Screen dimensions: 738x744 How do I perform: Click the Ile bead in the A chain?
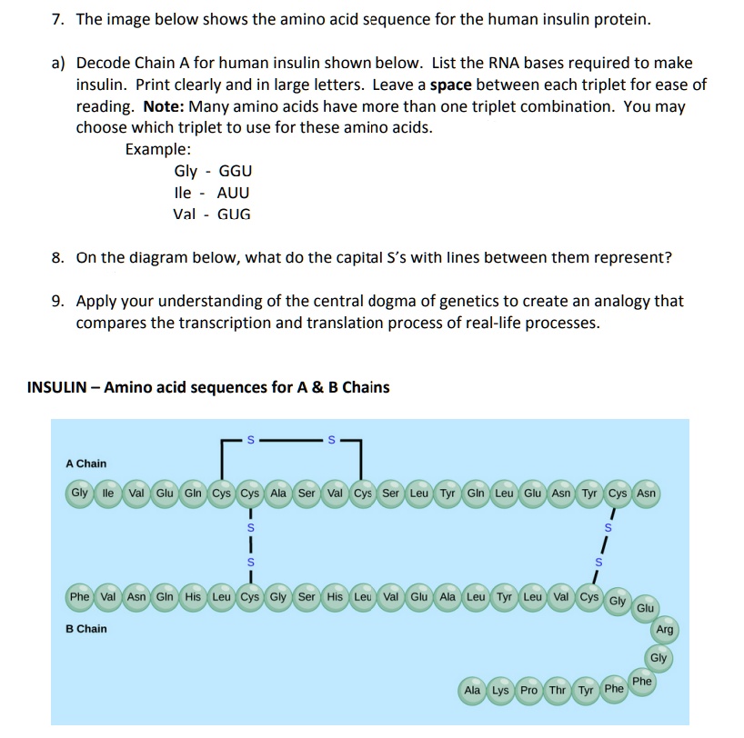(108, 494)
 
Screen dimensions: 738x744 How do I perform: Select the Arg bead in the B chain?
(665, 630)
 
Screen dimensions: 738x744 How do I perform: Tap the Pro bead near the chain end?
(528, 691)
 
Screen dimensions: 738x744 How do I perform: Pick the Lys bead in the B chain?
(500, 691)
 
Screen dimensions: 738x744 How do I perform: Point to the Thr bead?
(557, 691)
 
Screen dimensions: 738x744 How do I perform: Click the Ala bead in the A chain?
(278, 494)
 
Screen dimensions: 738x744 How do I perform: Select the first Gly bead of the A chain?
(80, 494)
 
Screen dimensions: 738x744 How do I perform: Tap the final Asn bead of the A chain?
(646, 494)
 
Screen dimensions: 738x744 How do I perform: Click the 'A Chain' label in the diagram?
(85, 464)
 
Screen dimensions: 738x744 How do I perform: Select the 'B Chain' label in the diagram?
(85, 629)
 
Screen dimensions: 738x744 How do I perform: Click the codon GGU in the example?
(236, 171)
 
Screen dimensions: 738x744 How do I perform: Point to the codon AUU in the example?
(234, 193)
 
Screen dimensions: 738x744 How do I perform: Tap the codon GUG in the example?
(235, 214)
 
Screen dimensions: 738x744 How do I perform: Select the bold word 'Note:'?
(164, 106)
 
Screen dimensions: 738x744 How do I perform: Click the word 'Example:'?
(158, 148)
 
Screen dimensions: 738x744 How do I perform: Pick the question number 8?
(57, 257)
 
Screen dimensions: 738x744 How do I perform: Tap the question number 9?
(57, 301)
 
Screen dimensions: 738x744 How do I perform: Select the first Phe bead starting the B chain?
(80, 597)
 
